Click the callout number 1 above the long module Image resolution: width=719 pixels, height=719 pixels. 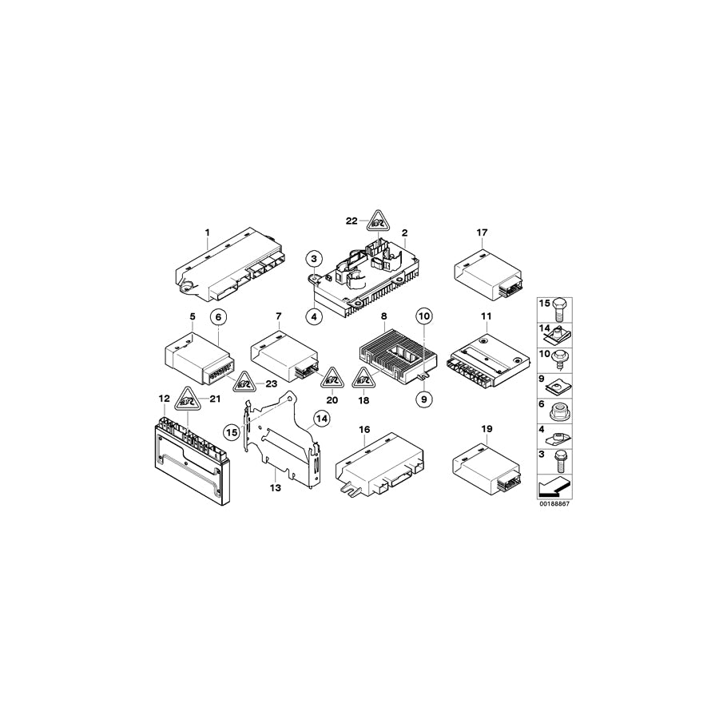click(x=207, y=233)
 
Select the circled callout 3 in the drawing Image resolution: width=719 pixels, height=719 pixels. click(x=314, y=257)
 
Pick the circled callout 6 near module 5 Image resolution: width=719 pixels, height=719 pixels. click(x=217, y=316)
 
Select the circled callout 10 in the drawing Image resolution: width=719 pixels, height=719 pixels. click(x=424, y=316)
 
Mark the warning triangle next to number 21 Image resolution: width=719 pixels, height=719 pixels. click(x=187, y=398)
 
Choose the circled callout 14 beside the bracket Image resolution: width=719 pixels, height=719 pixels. click(x=320, y=417)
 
